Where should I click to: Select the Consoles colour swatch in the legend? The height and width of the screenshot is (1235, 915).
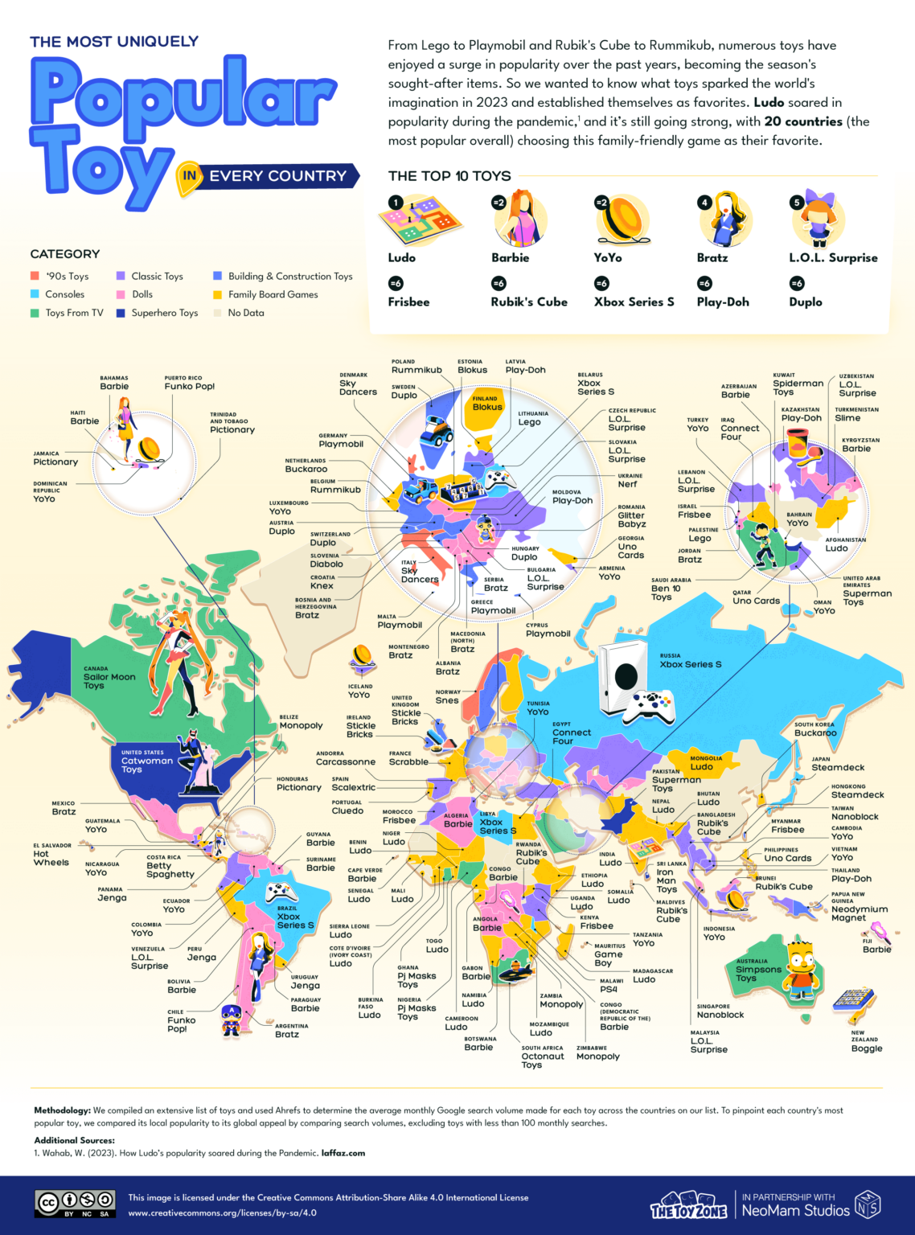[x=35, y=294]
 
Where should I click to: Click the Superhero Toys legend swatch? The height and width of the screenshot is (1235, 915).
[x=121, y=313]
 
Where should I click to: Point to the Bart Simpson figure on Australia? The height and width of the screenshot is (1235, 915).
[x=801, y=967]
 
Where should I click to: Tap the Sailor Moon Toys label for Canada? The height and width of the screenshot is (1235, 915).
[x=109, y=681]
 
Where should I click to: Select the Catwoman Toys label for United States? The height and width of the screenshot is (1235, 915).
[x=146, y=765]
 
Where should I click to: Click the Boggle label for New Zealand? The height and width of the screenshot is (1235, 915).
[x=867, y=1048]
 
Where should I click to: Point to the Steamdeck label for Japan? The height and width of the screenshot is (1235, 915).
[x=838, y=768]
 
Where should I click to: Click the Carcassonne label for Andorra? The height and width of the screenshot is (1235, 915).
[x=346, y=761]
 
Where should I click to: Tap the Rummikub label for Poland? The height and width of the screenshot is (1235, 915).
[x=416, y=370]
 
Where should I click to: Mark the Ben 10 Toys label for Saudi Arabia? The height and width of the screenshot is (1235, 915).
[x=666, y=593]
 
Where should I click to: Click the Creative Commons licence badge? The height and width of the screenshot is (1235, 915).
[x=76, y=1204]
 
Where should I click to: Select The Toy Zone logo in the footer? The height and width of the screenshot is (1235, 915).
[x=688, y=1207]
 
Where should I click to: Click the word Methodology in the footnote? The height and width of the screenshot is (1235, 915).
[x=63, y=1110]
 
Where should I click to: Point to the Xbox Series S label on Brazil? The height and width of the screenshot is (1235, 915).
[x=295, y=921]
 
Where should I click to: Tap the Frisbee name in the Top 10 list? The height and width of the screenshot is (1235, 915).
[x=408, y=302]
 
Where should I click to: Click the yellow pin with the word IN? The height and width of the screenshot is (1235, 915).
[x=189, y=177]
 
